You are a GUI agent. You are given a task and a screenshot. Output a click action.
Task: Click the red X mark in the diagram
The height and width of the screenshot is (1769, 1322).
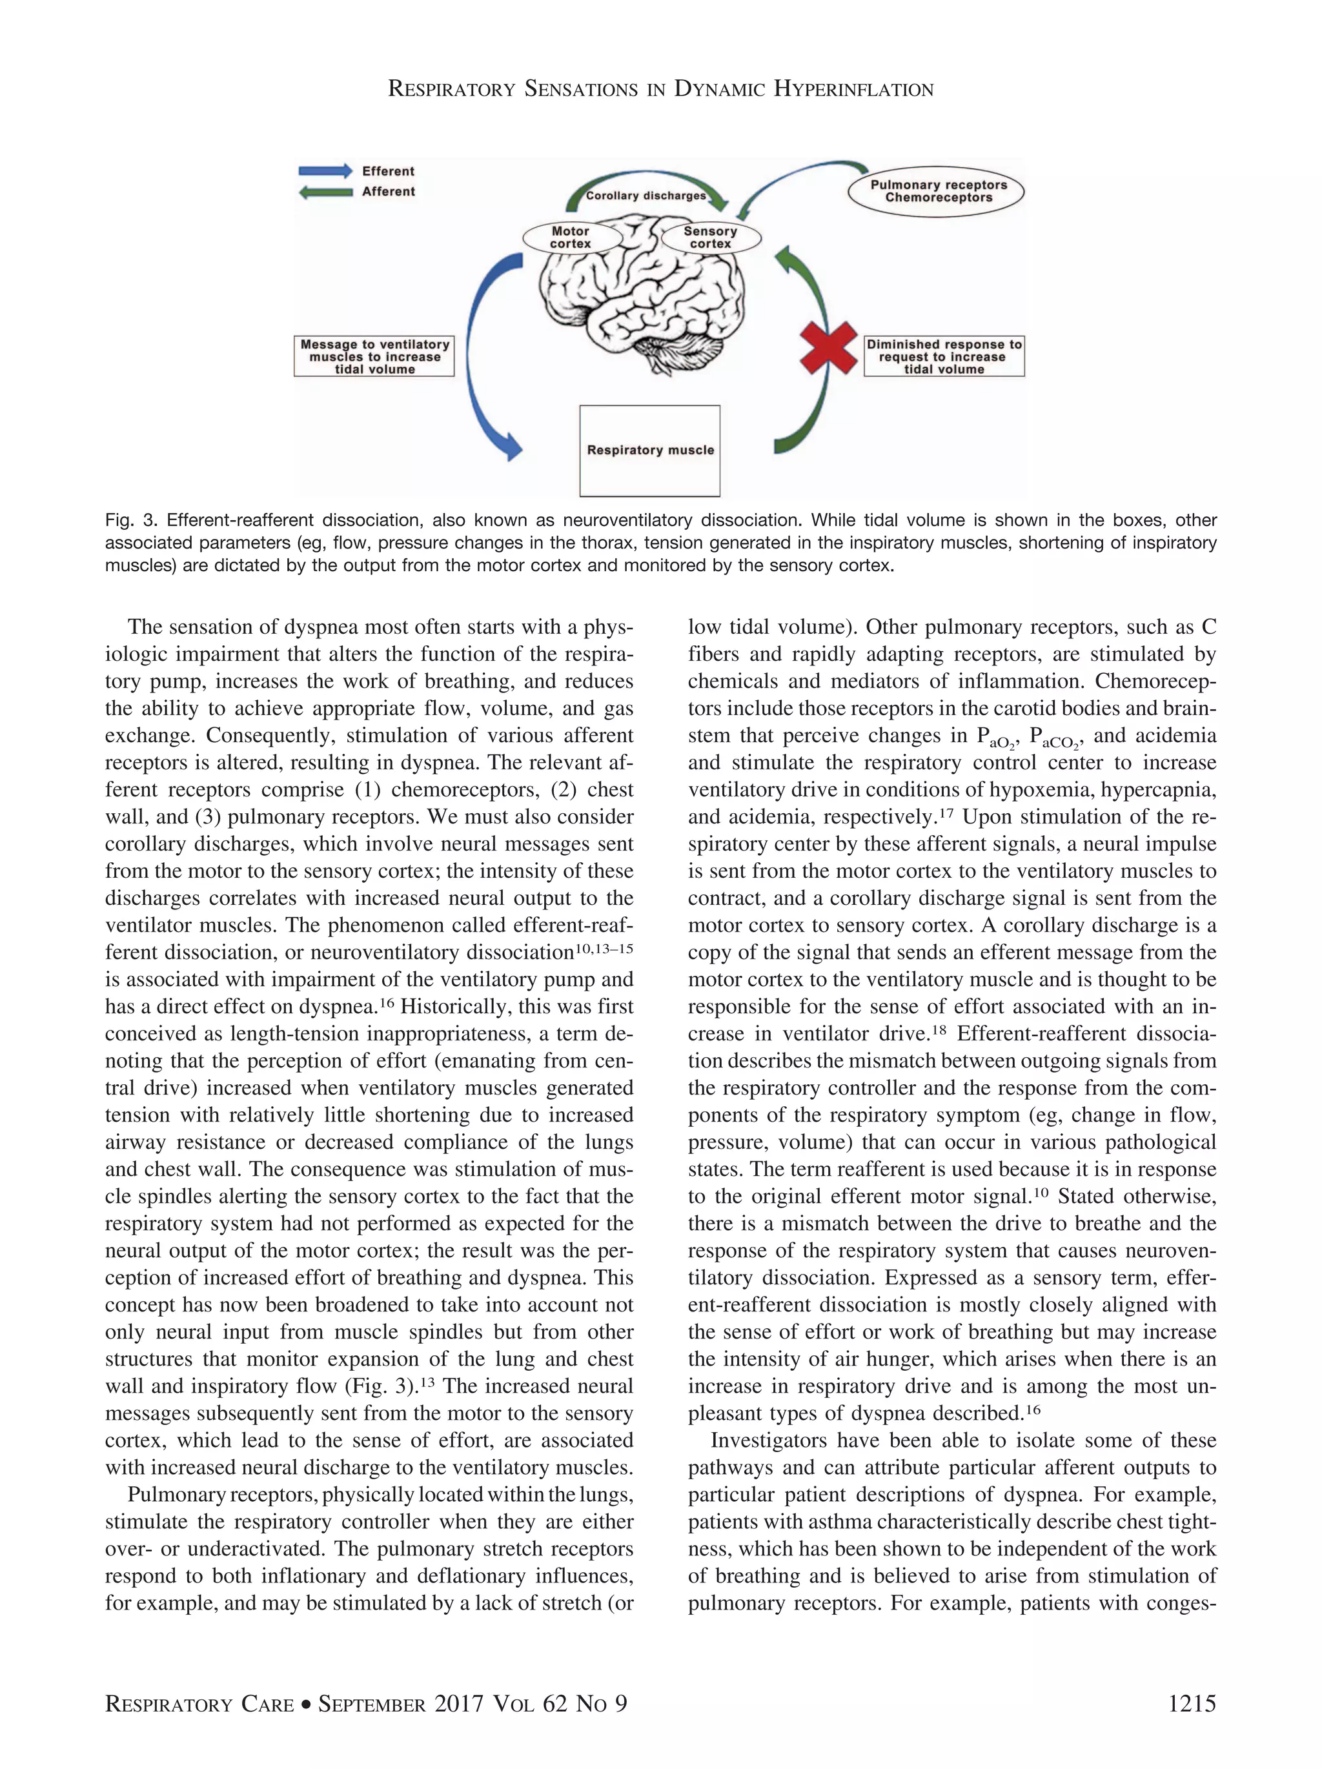(x=829, y=347)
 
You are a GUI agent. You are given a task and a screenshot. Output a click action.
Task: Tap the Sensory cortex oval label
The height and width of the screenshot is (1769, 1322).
(x=710, y=238)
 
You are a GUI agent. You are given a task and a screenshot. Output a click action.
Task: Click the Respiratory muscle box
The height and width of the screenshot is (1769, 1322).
(x=649, y=450)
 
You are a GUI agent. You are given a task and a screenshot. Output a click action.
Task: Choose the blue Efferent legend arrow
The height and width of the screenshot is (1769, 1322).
(x=325, y=170)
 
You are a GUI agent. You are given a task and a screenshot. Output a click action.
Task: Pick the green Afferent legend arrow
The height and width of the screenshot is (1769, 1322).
(x=325, y=192)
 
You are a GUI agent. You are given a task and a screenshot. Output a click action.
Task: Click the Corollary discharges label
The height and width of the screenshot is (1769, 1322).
(x=646, y=195)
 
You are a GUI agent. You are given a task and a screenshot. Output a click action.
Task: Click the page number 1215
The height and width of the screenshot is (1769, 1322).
(x=1191, y=1704)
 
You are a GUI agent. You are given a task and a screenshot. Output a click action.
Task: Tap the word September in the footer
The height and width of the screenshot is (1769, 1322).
(x=372, y=1704)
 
